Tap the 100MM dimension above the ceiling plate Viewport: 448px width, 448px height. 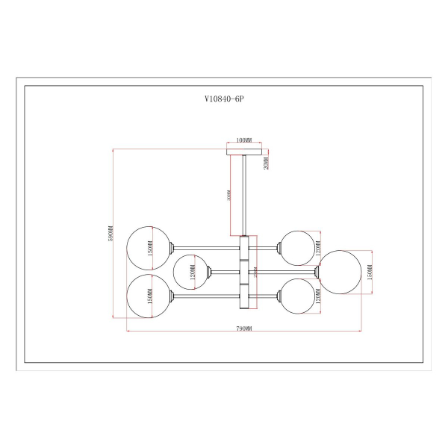click(x=243, y=140)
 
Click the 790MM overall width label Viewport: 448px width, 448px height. click(x=243, y=329)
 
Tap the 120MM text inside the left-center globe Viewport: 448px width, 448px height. click(x=192, y=272)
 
